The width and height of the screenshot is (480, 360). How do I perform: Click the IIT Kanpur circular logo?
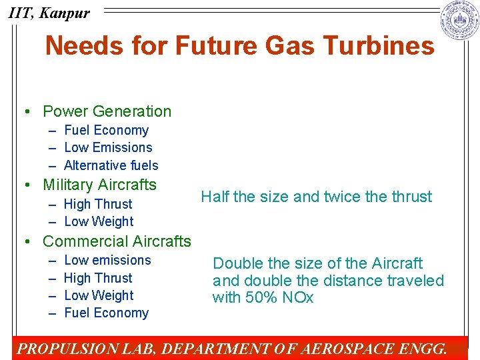tap(460, 21)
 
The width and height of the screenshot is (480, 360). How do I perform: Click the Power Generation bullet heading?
tap(107, 111)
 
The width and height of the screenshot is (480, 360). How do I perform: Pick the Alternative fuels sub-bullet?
tap(111, 165)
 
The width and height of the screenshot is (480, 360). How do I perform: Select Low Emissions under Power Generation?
tap(108, 147)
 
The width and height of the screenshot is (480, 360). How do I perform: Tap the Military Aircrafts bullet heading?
tap(99, 185)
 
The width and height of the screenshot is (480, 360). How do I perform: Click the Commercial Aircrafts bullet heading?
tap(117, 241)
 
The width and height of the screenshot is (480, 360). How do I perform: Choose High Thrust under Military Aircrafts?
tap(98, 204)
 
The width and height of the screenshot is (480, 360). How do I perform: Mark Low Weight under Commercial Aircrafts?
tap(99, 295)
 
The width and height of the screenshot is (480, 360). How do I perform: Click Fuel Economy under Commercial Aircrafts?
tap(106, 313)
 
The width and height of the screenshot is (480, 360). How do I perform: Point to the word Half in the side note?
tap(215, 197)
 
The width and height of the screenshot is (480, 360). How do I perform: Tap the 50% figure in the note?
tap(259, 297)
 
